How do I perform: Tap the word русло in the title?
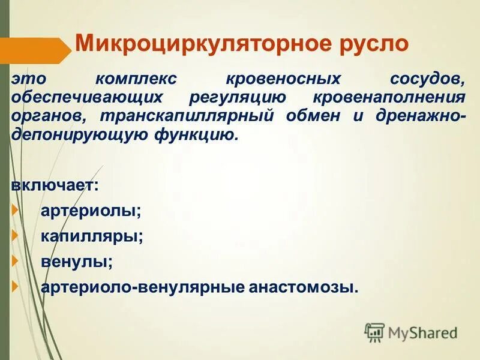click(x=370, y=44)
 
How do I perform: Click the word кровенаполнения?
click(x=389, y=98)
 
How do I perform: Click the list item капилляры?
click(x=92, y=236)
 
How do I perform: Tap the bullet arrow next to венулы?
click(x=16, y=262)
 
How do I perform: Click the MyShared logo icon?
click(x=374, y=331)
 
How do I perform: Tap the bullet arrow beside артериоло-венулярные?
click(x=16, y=287)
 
